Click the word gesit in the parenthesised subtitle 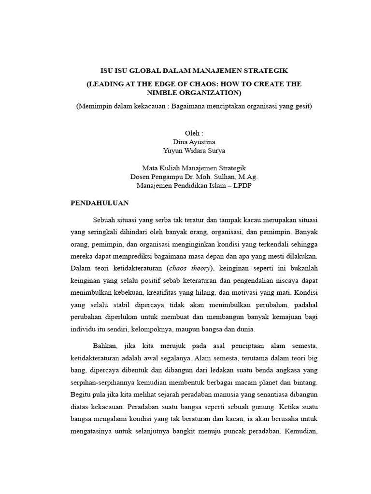pyautogui.click(x=301, y=106)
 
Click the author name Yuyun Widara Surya pyautogui.click(x=194, y=151)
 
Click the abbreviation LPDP pyautogui.click(x=242, y=185)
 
